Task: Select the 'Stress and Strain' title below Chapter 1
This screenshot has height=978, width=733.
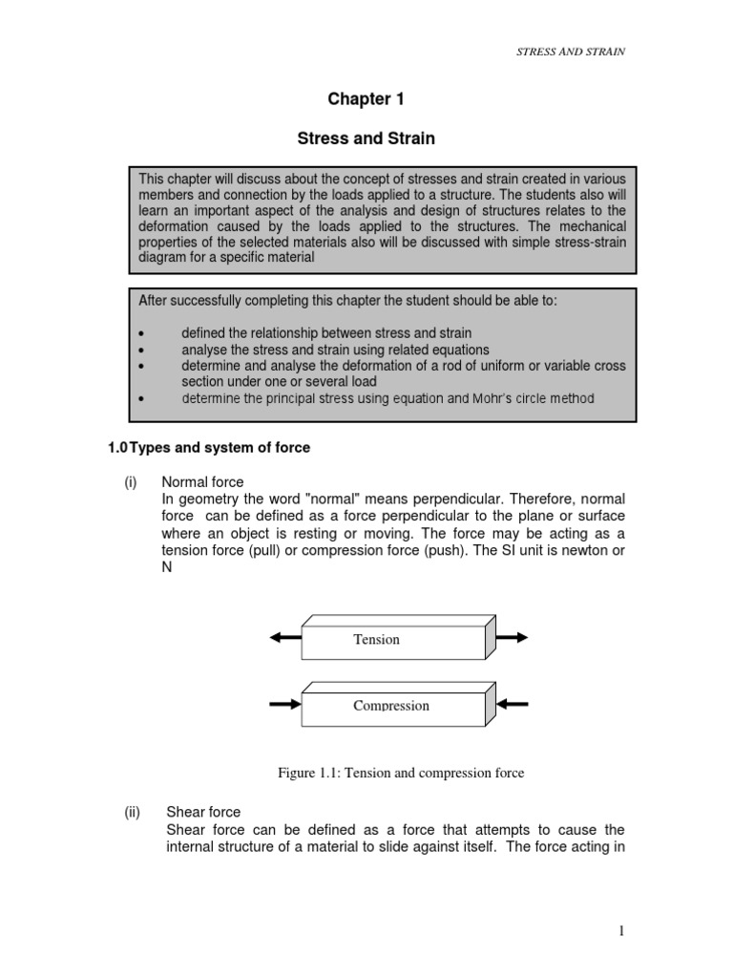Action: (366, 138)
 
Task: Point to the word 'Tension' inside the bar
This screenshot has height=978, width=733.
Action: (376, 639)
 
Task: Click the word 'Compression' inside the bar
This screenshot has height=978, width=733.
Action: (391, 706)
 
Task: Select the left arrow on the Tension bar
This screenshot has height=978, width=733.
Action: (285, 638)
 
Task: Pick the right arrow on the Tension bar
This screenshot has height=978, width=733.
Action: (511, 637)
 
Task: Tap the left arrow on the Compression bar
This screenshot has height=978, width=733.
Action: (285, 705)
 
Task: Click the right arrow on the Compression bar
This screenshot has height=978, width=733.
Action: (513, 705)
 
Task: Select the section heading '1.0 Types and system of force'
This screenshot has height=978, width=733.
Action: (207, 447)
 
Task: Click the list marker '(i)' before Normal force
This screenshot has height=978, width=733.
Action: (131, 482)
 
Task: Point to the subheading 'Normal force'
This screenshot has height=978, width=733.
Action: (202, 482)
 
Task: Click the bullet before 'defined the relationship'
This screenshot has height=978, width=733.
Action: (141, 333)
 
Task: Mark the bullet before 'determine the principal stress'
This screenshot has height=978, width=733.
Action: (141, 398)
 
